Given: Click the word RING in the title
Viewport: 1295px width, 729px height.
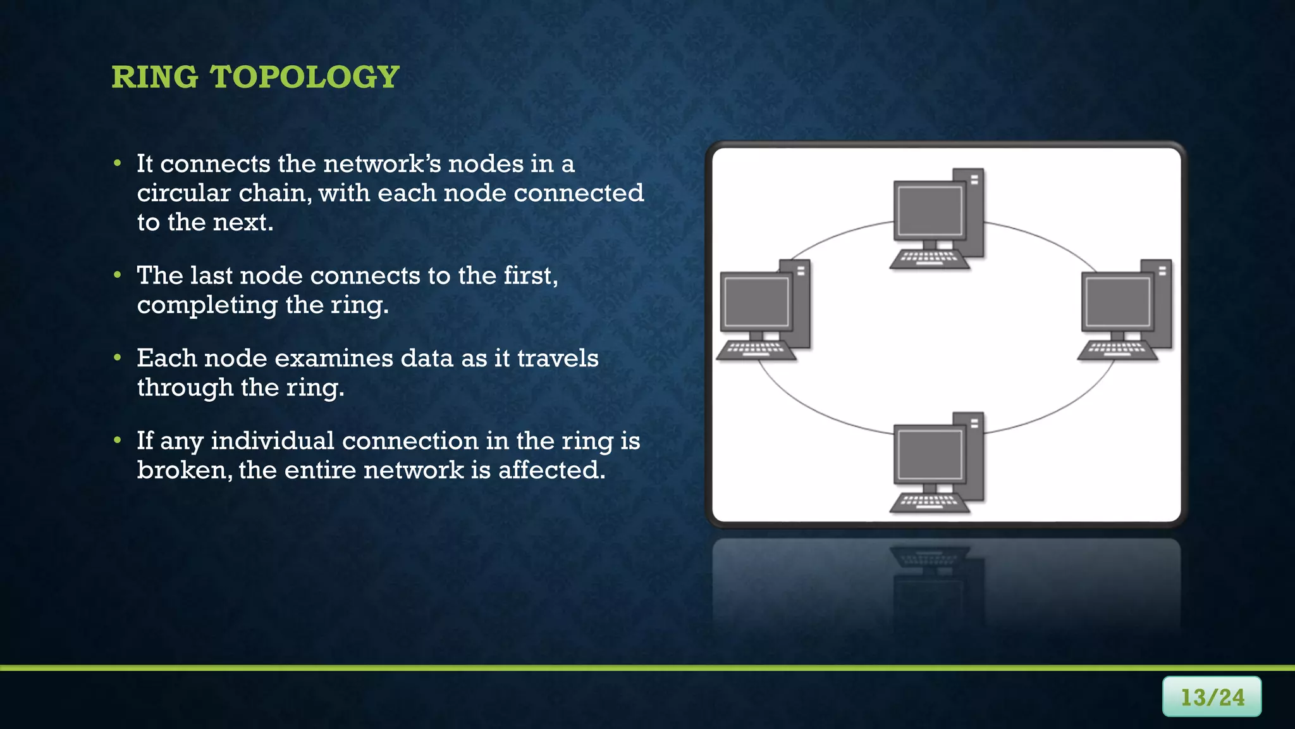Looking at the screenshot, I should click(154, 77).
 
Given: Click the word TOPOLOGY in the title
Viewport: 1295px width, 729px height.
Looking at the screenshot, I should click(304, 77).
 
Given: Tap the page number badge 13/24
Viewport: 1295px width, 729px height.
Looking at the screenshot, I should click(1212, 697).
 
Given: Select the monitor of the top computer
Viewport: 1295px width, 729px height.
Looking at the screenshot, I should click(930, 211).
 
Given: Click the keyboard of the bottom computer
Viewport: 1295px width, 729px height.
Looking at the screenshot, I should click(929, 502).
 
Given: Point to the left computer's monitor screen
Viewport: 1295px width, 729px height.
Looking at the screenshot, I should click(756, 302).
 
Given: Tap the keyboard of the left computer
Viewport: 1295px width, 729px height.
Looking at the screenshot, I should click(756, 350).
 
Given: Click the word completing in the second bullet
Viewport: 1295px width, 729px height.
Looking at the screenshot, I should click(207, 305).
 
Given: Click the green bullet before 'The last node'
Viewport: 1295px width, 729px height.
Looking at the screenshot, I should click(118, 275).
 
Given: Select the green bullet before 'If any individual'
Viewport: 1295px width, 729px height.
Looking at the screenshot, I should click(118, 440).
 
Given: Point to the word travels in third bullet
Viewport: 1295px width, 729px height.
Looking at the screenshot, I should click(557, 358).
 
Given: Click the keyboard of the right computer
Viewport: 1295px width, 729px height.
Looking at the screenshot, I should click(1117, 350).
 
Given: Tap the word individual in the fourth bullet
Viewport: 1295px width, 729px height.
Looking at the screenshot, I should click(272, 441).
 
